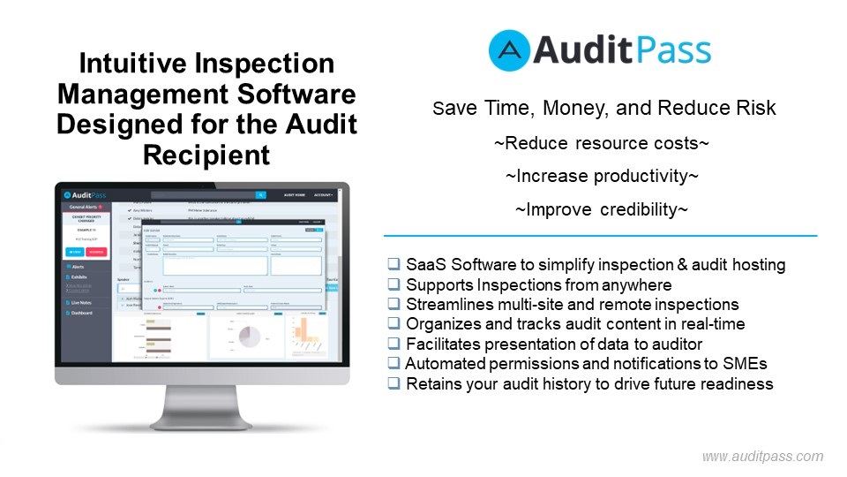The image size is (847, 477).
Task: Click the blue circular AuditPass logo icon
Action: point(510,50)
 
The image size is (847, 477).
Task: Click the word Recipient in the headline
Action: point(206,155)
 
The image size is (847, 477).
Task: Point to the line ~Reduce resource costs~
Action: point(602,143)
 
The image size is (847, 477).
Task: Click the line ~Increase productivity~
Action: point(602,176)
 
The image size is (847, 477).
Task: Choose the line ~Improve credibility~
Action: point(602,209)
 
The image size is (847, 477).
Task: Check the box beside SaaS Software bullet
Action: point(394,264)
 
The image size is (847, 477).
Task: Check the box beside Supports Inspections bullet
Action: point(394,284)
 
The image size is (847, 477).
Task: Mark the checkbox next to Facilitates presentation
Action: point(394,344)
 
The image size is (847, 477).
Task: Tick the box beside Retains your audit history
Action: point(394,383)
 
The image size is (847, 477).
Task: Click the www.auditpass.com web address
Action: point(762,457)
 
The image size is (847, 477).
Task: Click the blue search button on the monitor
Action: point(261,195)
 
